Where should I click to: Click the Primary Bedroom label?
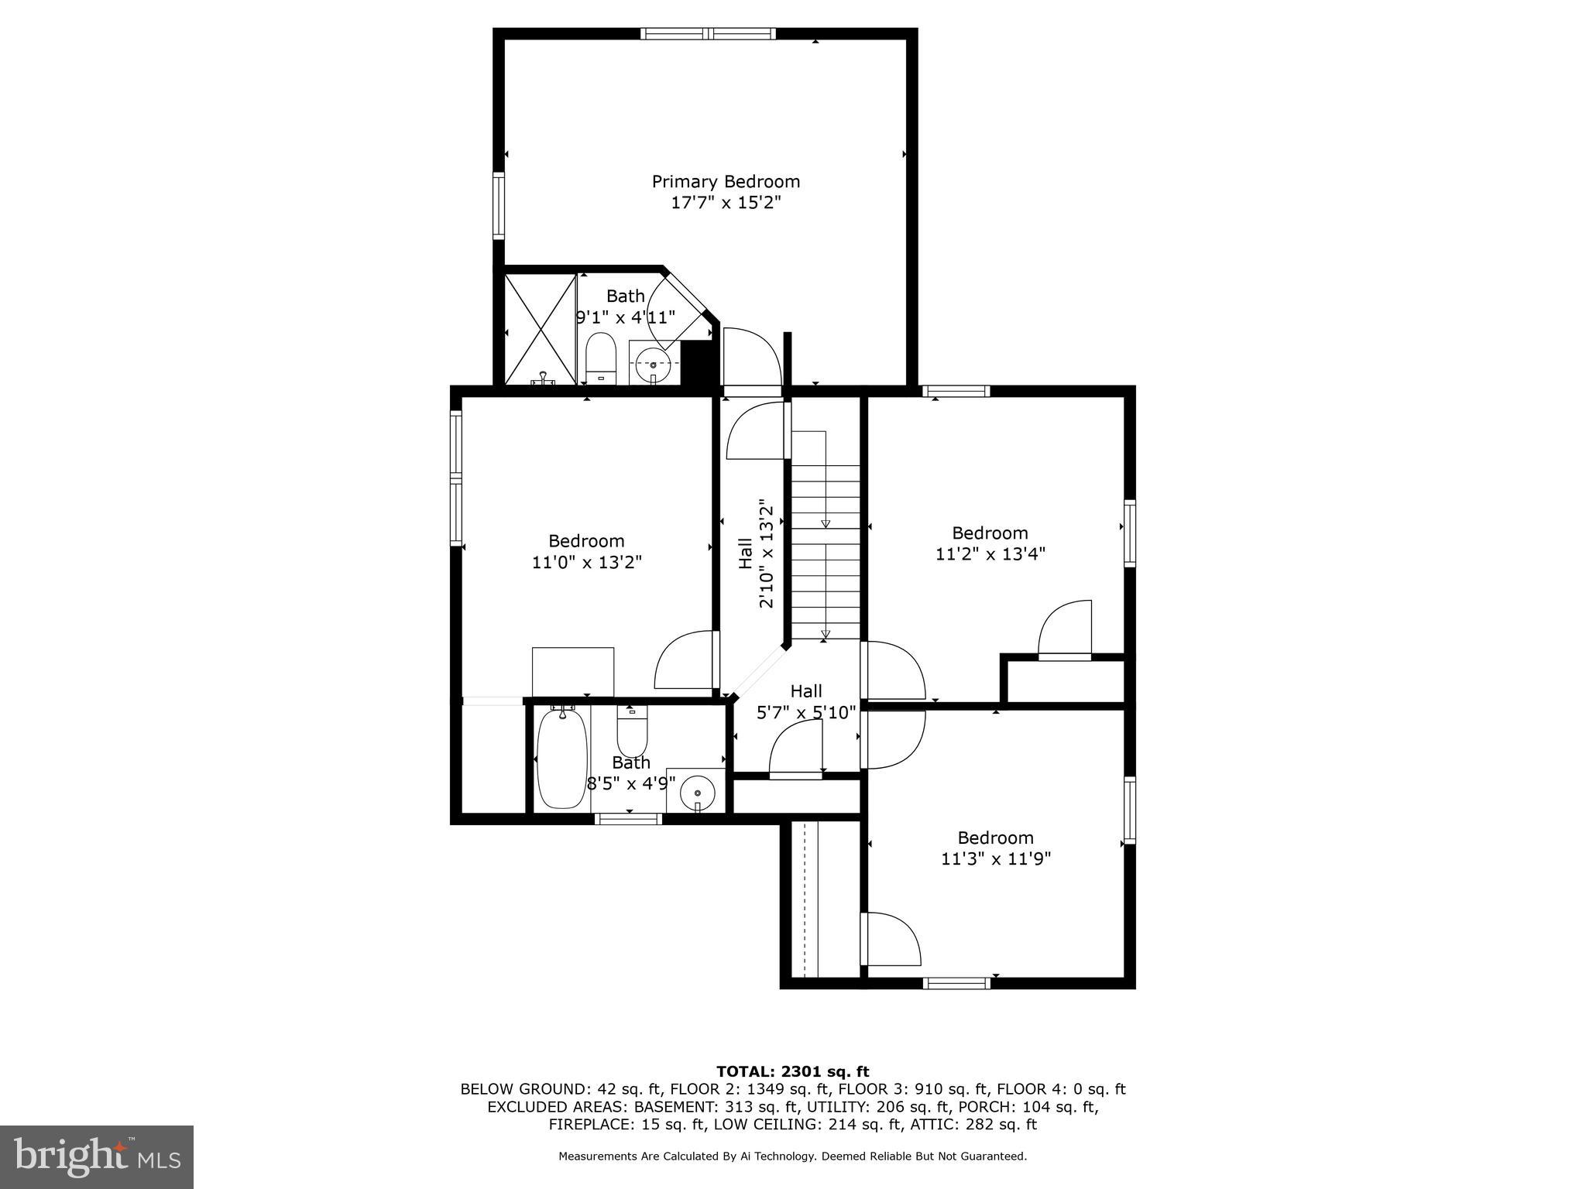(x=726, y=182)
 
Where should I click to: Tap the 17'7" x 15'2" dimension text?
(x=726, y=204)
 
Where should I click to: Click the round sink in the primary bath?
(x=653, y=364)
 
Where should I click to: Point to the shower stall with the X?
(x=541, y=329)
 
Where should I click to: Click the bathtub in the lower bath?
(x=561, y=759)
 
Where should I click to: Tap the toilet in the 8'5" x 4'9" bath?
(x=632, y=732)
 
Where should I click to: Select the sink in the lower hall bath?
(x=697, y=793)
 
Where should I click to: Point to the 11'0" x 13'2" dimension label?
(x=587, y=563)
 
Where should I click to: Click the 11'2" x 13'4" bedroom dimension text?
(x=990, y=554)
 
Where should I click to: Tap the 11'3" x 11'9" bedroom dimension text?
(x=996, y=859)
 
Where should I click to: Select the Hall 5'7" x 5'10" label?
(x=806, y=702)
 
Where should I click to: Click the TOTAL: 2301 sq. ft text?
(x=792, y=1072)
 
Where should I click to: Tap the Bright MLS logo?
(x=97, y=1156)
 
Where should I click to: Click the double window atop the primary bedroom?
(x=708, y=33)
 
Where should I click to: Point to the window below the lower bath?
(x=628, y=819)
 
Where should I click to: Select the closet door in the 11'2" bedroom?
(x=1065, y=631)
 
